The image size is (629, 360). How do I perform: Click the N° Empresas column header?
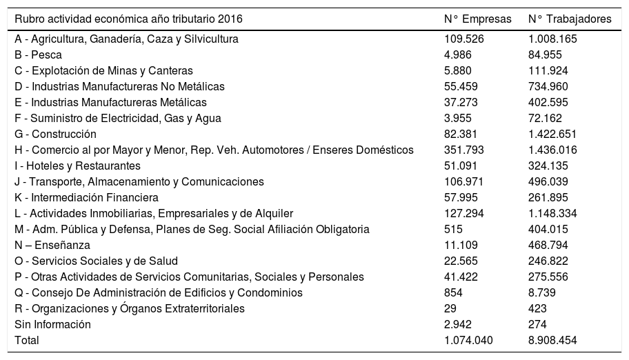478,19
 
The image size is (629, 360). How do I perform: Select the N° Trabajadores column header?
570,19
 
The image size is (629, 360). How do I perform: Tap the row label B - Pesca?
38,55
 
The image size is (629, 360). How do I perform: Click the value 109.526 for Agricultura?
464,39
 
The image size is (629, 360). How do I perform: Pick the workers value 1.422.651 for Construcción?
552,134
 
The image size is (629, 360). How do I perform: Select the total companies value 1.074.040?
470,340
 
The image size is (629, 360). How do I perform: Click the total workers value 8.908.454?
552,340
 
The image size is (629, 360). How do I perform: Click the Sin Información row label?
52,324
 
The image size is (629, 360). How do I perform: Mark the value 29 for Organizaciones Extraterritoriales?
451,308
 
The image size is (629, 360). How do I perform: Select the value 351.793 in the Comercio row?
464,150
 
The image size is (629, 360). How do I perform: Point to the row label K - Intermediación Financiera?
81,197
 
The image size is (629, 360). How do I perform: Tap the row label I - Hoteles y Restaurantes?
77,166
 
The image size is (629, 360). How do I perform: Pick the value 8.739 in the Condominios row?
543,292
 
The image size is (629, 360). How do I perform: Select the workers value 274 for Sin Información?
537,324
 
